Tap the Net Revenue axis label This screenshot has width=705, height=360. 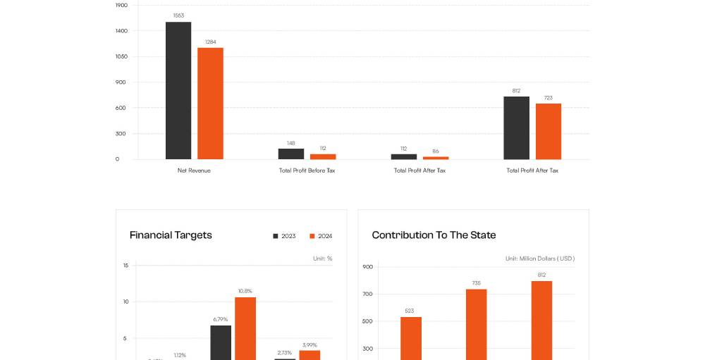194,170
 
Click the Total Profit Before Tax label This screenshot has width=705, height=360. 307,170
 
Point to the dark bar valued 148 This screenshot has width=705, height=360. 291,154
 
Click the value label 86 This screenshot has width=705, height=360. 436,151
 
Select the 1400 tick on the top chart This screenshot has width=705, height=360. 122,31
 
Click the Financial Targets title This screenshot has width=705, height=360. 171,235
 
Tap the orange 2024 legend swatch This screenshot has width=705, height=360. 312,236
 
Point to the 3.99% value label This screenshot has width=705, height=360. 309,345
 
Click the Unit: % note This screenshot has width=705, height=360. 323,259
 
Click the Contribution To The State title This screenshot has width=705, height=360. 434,235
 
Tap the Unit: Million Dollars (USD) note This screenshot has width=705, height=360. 540,259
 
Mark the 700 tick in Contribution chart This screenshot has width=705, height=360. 367,294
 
